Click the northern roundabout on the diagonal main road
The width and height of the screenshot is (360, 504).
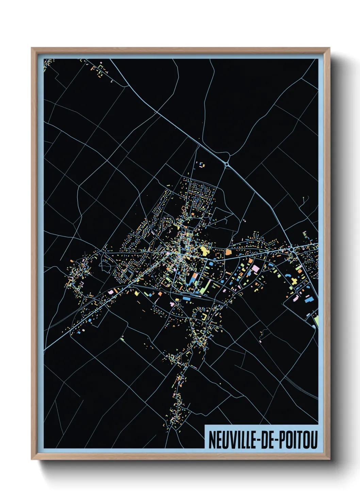pyautogui.click(x=227, y=164)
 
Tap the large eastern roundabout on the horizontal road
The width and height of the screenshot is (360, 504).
pyautogui.click(x=292, y=250)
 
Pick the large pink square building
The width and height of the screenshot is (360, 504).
pyautogui.click(x=256, y=268)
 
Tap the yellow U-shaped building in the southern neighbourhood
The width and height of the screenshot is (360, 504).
pyautogui.click(x=204, y=317)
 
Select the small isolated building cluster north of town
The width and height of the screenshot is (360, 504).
pyautogui.click(x=202, y=165)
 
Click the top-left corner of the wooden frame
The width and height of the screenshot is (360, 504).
pyautogui.click(x=32, y=48)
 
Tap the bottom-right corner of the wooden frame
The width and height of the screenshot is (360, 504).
pyautogui.click(x=329, y=459)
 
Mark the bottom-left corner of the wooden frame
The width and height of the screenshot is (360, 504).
pyautogui.click(x=32, y=459)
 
